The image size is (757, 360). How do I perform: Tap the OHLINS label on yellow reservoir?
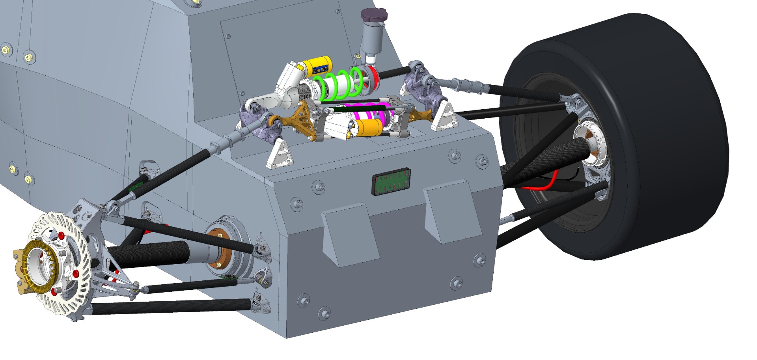click(x=320, y=69)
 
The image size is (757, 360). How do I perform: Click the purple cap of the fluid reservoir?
click(x=374, y=15)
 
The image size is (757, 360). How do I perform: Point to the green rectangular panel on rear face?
click(x=391, y=182)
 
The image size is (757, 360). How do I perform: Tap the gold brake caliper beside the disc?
click(x=18, y=272)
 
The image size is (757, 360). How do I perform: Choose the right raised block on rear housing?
click(x=453, y=211)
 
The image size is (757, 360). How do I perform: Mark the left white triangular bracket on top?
click(x=281, y=155)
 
